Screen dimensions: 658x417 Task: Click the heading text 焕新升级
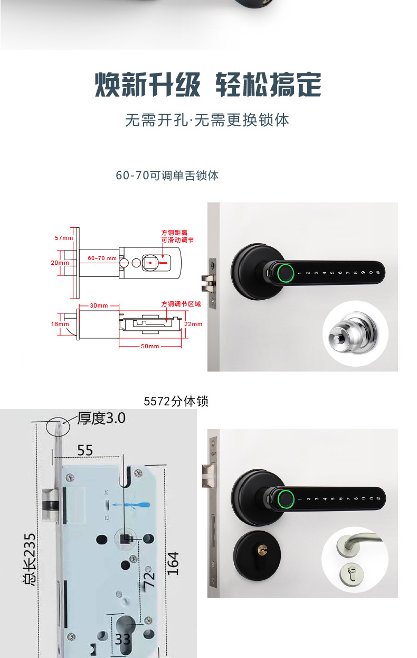[x=147, y=85]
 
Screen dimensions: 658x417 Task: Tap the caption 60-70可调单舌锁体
[x=167, y=175]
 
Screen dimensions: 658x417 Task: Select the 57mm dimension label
[x=64, y=238]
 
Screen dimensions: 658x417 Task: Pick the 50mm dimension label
[x=150, y=346]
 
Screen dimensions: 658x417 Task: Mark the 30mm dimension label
[x=99, y=306]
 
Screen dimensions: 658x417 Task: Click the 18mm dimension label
[x=60, y=324]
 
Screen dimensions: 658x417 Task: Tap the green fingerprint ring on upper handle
[x=285, y=273]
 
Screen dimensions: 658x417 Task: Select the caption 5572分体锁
[x=176, y=402]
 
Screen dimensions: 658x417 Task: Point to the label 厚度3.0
[x=101, y=419]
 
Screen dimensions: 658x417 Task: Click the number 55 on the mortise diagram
[x=86, y=450]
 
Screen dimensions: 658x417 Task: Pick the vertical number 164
[x=173, y=563]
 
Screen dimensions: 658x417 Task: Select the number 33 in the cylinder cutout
[x=123, y=639]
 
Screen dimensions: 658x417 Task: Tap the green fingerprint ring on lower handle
[x=285, y=498]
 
